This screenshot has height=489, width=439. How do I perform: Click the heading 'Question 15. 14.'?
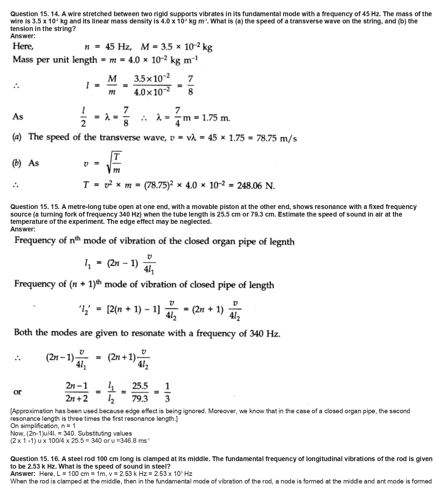pyautogui.click(x=35, y=14)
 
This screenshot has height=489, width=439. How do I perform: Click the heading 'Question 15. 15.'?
pyautogui.click(x=35, y=207)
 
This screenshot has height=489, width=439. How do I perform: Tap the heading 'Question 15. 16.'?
pyautogui.click(x=35, y=459)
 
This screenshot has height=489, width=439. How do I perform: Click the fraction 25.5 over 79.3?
pyautogui.click(x=140, y=392)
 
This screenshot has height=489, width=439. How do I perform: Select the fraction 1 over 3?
pyautogui.click(x=167, y=392)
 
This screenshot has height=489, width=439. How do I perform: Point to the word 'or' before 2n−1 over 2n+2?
pyautogui.click(x=17, y=392)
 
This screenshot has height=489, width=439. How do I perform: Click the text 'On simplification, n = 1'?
pyautogui.click(x=43, y=426)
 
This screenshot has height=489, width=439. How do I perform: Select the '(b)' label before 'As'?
pyautogui.click(x=16, y=163)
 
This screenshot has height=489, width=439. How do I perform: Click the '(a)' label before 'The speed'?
pyautogui.click(x=17, y=137)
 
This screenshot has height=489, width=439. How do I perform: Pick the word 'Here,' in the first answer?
pyautogui.click(x=23, y=46)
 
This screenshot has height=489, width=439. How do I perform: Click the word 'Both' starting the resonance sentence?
pyautogui.click(x=24, y=333)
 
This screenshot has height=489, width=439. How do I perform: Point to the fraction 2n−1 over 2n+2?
pyautogui.click(x=76, y=392)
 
